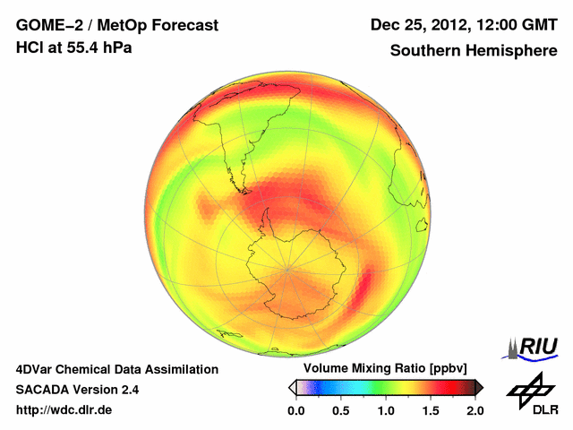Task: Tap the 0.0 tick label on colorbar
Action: tap(295, 410)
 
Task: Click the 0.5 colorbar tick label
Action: tap(340, 410)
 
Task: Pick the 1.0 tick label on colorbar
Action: tap(385, 410)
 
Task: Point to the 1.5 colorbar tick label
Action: tap(430, 410)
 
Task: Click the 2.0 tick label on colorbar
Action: tap(475, 410)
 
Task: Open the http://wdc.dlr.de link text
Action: tap(64, 410)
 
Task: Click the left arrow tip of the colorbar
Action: tap(290, 387)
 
